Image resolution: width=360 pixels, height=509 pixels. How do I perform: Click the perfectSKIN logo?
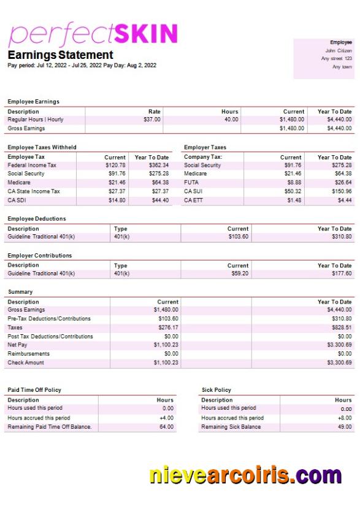click(93, 34)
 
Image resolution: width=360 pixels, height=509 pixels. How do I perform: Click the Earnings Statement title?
click(60, 55)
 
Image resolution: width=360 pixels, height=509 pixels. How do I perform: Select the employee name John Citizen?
click(339, 50)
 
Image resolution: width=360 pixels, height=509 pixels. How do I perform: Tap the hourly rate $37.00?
click(152, 120)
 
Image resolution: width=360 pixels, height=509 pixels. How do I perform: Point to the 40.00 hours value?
click(231, 120)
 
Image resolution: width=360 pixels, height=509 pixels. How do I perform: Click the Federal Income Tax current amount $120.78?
click(115, 166)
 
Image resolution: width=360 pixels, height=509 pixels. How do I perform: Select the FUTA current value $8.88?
click(294, 183)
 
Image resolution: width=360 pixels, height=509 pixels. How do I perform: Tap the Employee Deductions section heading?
click(37, 218)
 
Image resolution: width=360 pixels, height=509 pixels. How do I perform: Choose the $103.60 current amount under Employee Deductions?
click(238, 237)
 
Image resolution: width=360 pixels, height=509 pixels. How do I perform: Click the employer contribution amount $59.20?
click(240, 274)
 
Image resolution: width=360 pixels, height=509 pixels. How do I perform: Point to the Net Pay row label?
click(18, 345)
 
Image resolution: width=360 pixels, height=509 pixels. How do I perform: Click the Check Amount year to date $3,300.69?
click(338, 363)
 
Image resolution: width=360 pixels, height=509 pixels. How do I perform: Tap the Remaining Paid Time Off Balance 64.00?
click(166, 427)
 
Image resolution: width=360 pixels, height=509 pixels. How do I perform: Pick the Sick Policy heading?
click(216, 390)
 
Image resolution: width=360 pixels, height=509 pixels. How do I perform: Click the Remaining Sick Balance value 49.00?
click(345, 427)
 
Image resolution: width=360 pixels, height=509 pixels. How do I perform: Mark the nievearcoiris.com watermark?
click(245, 475)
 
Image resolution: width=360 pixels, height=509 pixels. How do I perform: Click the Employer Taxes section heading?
click(205, 147)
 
